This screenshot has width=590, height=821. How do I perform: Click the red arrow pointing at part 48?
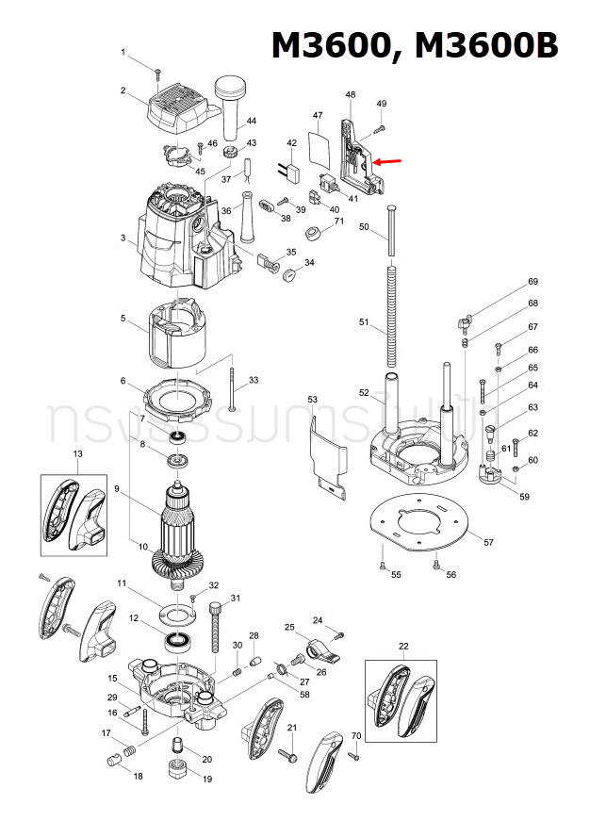point(386,162)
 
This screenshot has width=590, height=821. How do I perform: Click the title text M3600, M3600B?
point(415,45)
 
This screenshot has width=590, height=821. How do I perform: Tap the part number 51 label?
point(365,322)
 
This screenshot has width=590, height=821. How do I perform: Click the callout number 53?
point(313,401)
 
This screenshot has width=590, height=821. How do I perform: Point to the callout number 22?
point(403,646)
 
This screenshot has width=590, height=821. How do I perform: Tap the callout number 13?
point(77,454)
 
